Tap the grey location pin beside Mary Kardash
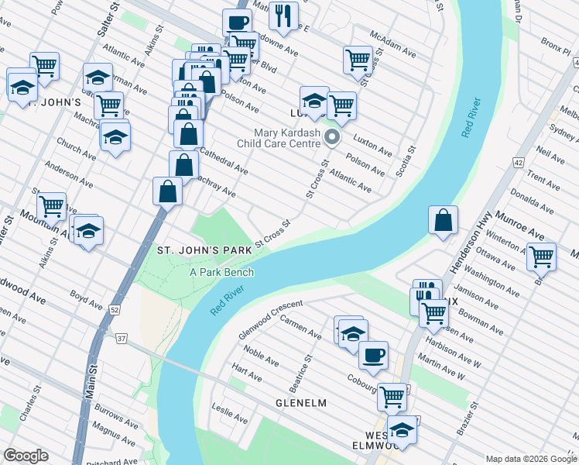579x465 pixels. [333, 139]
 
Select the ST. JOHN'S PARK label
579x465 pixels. [204, 250]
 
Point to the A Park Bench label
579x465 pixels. [221, 272]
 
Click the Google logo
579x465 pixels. [26, 455]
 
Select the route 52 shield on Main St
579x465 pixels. [114, 310]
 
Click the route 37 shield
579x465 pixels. [122, 338]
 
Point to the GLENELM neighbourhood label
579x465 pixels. [300, 404]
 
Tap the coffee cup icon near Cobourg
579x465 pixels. [373, 355]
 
